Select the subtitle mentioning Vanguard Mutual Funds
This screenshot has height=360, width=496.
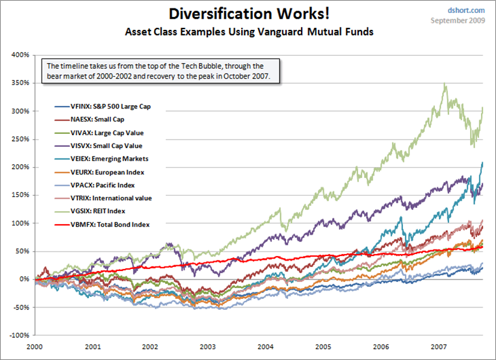coord(248,31)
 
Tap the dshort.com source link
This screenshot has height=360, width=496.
coord(467,10)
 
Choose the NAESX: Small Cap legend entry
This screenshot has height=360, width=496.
coord(92,120)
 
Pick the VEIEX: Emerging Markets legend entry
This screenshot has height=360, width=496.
coord(102,159)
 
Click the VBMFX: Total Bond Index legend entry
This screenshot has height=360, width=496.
coord(102,224)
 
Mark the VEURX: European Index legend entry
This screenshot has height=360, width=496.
coord(99,172)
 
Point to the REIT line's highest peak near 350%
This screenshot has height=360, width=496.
coord(445,84)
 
